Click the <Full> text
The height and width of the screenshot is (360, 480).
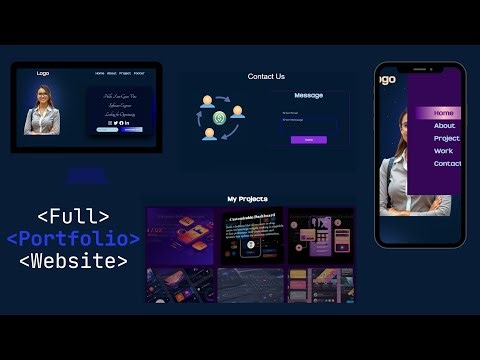73,216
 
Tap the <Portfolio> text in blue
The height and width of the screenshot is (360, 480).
73,239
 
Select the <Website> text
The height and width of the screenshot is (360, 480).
73,262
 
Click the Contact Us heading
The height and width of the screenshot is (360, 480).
266,76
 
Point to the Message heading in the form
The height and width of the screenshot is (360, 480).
308,95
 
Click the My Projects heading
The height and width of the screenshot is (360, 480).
247,199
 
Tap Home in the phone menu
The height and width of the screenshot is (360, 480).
444,113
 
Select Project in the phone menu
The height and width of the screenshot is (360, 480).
447,138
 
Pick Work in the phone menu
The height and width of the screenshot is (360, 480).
443,151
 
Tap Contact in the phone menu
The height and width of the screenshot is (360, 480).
447,164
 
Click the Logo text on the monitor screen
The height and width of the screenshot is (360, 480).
43,73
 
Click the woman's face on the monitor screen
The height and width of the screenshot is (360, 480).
43,96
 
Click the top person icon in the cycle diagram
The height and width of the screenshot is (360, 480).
207,101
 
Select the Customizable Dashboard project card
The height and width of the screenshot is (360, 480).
252,236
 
